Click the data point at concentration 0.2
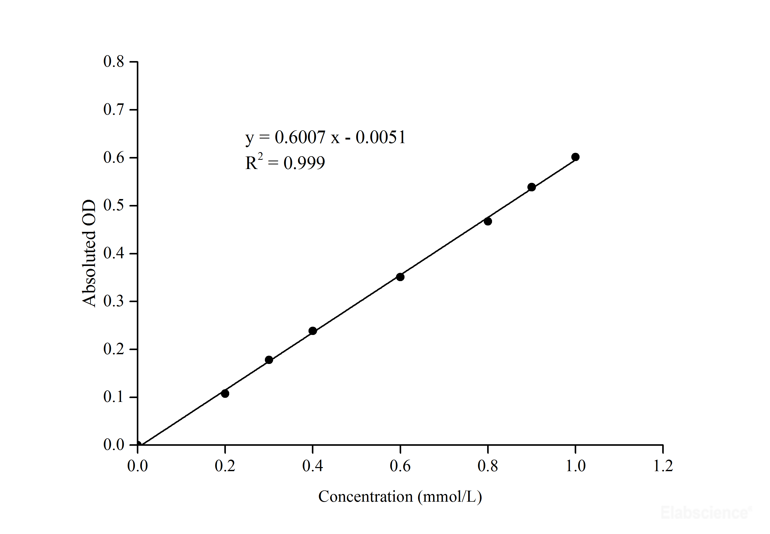(x=225, y=393)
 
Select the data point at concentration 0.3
(x=269, y=360)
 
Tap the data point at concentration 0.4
(x=313, y=331)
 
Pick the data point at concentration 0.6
(x=400, y=277)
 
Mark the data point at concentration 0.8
(x=488, y=221)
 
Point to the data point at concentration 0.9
(x=532, y=187)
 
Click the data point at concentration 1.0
(x=575, y=157)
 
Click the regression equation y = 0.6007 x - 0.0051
(x=325, y=137)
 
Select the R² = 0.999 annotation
(x=285, y=163)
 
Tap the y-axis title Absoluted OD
(x=89, y=253)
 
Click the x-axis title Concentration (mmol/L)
(x=400, y=497)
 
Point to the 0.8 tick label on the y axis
(x=113, y=62)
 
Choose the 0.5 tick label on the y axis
(x=113, y=205)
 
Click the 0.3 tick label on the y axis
(x=113, y=301)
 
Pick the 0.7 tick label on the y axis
(x=113, y=110)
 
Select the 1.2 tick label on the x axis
(x=663, y=466)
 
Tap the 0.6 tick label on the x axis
(x=400, y=466)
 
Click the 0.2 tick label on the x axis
(x=225, y=466)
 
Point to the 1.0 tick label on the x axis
(x=575, y=466)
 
